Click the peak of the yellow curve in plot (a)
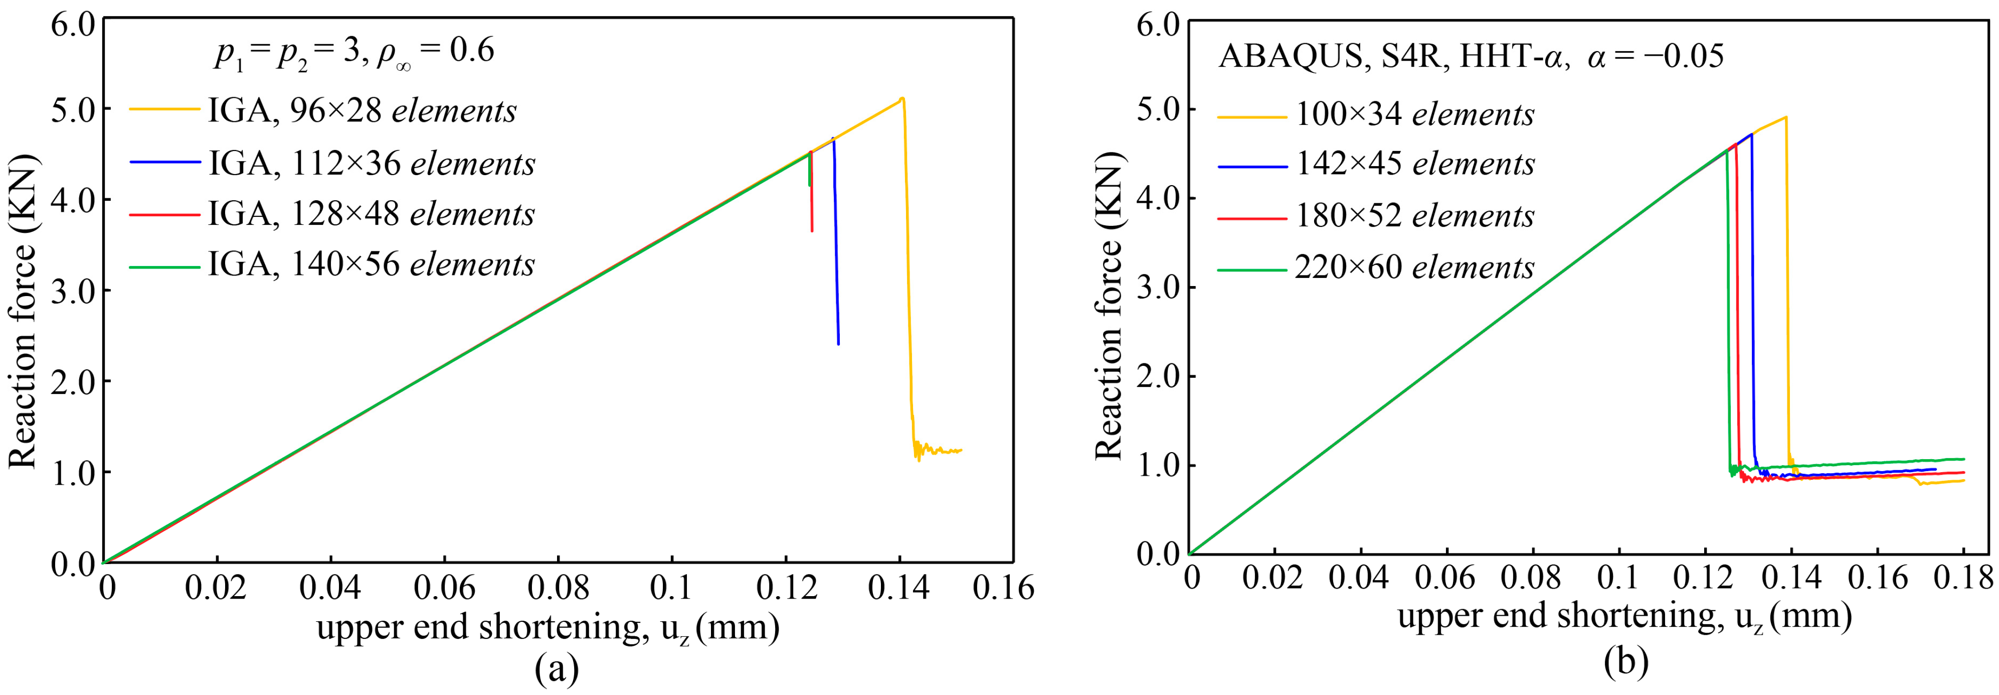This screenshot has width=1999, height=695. (901, 98)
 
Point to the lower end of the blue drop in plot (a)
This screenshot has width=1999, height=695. (838, 343)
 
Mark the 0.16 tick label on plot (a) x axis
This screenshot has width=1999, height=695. (1003, 589)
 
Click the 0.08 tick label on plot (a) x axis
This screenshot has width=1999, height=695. (558, 589)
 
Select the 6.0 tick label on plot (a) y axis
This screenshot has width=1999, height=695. (72, 23)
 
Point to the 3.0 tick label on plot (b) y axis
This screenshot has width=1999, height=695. (1157, 288)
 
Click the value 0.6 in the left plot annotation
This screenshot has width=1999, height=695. (472, 51)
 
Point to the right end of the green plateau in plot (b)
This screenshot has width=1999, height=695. (1964, 459)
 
